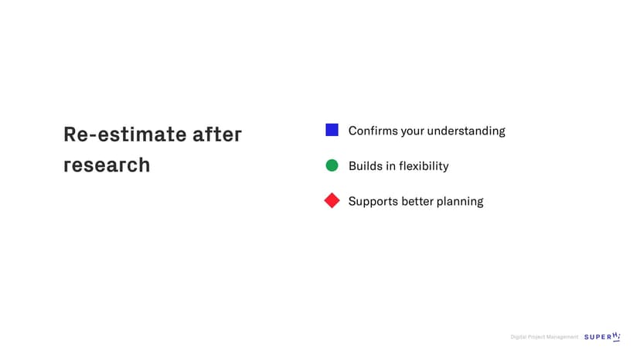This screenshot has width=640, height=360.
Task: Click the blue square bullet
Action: tap(332, 130)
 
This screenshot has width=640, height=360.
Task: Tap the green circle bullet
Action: tap(332, 165)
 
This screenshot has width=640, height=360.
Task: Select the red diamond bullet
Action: tap(332, 200)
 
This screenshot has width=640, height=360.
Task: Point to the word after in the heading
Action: tap(217, 134)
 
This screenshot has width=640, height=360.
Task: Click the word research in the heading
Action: tap(107, 165)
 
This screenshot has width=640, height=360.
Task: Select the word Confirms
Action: tap(373, 131)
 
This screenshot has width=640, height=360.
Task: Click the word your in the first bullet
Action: tap(411, 132)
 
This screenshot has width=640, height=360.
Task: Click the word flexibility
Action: tap(424, 166)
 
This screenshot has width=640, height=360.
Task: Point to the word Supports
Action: tap(373, 202)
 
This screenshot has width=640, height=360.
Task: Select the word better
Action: tap(417, 201)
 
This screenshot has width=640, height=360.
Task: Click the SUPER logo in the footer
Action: tap(602, 336)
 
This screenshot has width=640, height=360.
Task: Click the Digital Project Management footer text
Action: tap(544, 337)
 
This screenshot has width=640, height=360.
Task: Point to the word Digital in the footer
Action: tap(519, 337)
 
